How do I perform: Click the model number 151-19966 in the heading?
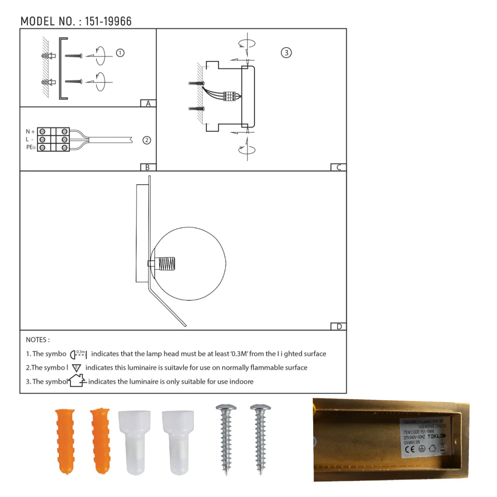pyautogui.click(x=108, y=22)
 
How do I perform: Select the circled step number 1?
pyautogui.click(x=120, y=53)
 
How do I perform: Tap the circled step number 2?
pyautogui.click(x=147, y=140)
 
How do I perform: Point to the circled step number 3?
pyautogui.click(x=286, y=53)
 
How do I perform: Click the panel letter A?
pyautogui.click(x=148, y=104)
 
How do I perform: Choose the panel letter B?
pyautogui.click(x=147, y=167)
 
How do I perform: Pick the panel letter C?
pyautogui.click(x=338, y=167)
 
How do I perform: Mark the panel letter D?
pyautogui.click(x=339, y=326)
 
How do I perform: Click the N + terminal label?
pyautogui.click(x=30, y=132)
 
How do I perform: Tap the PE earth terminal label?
pyautogui.click(x=31, y=147)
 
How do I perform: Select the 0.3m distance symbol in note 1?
pyautogui.click(x=78, y=354)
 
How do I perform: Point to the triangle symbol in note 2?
pyautogui.click(x=76, y=368)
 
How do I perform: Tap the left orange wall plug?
pyautogui.click(x=65, y=441)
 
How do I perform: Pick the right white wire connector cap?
pyautogui.click(x=178, y=441)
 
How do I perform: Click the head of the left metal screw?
pyautogui.click(x=226, y=408)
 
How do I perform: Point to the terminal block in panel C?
pyautogui.click(x=229, y=96)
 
